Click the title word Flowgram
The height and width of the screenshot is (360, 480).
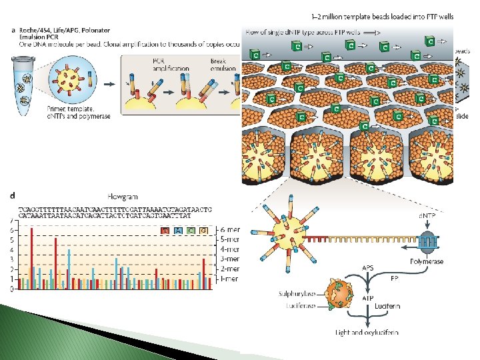124,197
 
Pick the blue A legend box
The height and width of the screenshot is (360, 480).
178,230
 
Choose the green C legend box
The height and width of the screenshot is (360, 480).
190,230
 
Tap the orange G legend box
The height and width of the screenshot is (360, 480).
202,230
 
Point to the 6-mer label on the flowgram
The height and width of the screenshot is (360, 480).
229,231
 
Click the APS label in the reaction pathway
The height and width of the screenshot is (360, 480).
368,267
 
